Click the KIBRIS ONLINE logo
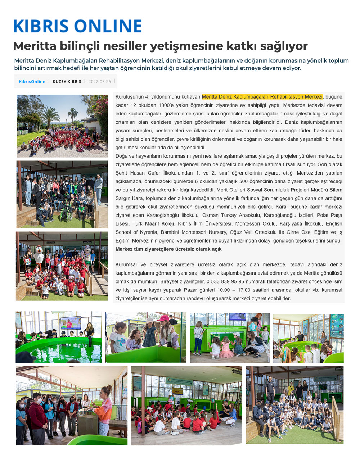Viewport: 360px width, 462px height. click(x=77, y=26)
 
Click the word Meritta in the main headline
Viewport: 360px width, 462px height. click(x=35, y=46)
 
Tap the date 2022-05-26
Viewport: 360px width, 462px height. click(x=99, y=82)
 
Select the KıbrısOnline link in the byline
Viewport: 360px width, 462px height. click(x=32, y=82)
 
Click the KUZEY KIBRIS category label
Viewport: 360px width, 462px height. click(x=67, y=82)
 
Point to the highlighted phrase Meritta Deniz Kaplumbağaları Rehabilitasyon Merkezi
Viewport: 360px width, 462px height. click(x=262, y=97)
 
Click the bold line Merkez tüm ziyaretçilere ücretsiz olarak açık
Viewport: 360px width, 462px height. click(x=168, y=249)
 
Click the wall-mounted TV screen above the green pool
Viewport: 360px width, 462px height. click(x=70, y=322)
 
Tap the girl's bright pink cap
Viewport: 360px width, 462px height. click(x=163, y=318)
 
